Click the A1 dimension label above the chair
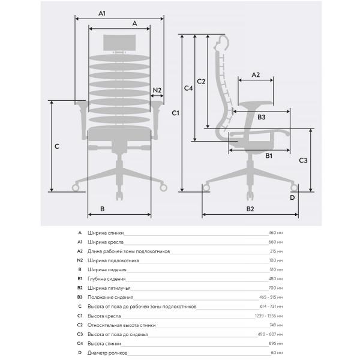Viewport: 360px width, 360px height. click(102, 13)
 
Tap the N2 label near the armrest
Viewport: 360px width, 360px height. click(157, 90)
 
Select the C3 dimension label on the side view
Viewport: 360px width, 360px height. click(303, 160)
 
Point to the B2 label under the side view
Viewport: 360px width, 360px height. click(250, 209)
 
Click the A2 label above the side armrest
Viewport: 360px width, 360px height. click(256, 75)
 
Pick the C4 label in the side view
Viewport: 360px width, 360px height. click(188, 88)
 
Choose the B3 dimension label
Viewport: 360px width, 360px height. click(261, 117)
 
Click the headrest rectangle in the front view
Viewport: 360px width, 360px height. click(119, 43)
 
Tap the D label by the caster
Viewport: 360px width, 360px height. click(292, 197)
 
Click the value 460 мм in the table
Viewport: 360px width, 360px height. click(275, 233)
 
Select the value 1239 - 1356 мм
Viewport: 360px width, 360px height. click(269, 316)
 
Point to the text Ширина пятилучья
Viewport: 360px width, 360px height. click(109, 288)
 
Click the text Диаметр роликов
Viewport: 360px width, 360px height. click(107, 353)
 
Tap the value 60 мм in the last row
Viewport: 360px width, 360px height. click(277, 353)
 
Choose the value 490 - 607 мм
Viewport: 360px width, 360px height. click(270, 334)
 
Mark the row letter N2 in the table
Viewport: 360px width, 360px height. click(80, 260)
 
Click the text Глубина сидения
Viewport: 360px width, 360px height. click(107, 279)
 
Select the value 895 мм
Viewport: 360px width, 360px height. click(276, 343)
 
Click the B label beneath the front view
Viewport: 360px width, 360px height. click(103, 209)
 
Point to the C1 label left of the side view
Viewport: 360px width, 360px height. click(175, 113)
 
